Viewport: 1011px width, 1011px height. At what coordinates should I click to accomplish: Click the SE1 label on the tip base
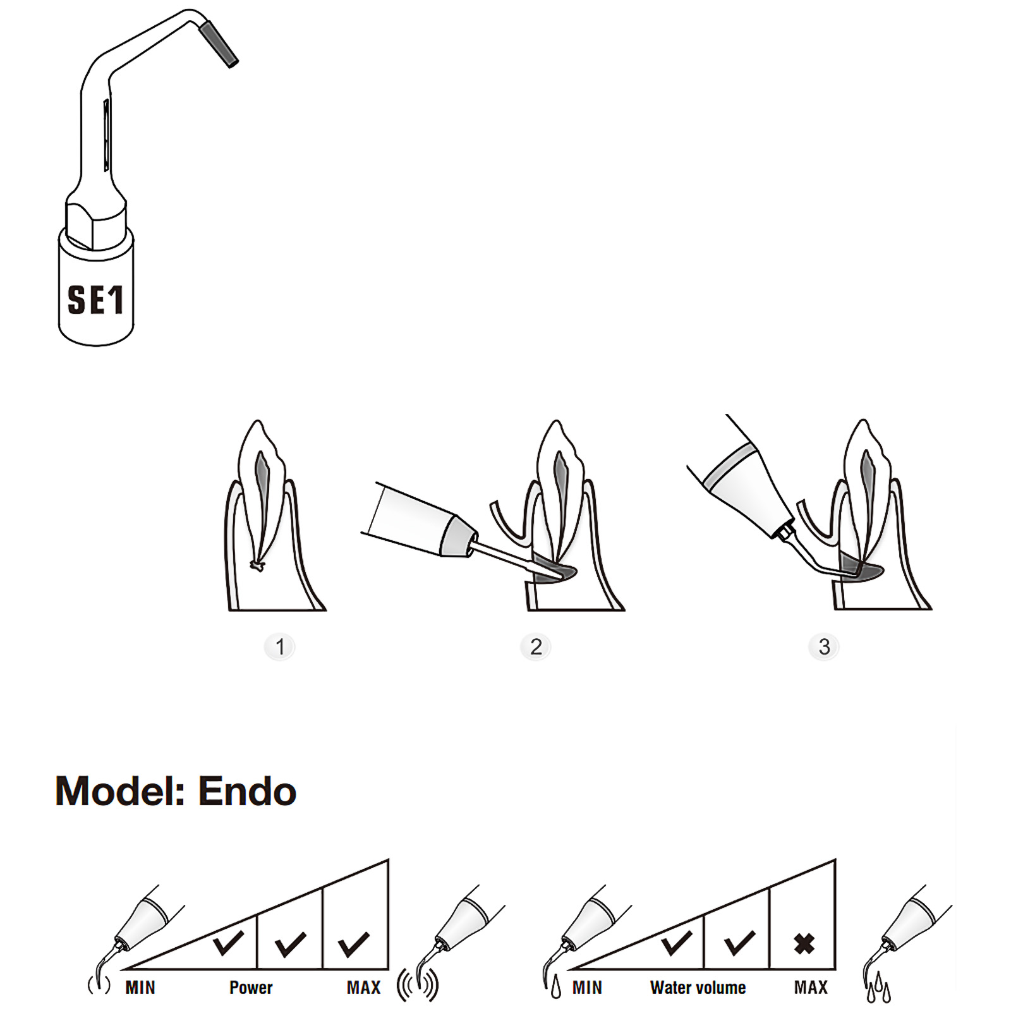95,300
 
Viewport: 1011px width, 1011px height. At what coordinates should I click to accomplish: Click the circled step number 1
280,646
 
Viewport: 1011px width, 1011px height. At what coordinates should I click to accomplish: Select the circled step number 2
536,646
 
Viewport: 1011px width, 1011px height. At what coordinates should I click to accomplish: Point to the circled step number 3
824,646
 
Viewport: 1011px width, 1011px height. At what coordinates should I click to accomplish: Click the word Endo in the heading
247,791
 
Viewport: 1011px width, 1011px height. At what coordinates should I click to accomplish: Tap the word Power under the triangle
251,988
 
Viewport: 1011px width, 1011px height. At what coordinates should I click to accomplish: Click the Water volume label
698,988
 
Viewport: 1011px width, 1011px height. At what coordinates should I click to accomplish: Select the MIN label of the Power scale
140,988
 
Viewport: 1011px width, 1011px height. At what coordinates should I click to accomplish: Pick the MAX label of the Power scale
363,988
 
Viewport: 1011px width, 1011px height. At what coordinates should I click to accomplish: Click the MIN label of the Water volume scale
587,988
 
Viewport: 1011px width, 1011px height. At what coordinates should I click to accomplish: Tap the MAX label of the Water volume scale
811,988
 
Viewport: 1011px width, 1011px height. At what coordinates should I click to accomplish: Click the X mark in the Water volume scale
804,944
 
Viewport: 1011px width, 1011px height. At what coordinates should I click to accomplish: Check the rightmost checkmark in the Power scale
354,943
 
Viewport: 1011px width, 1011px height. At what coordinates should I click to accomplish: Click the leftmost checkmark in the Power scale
228,942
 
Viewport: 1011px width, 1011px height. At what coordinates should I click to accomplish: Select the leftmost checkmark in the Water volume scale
675,942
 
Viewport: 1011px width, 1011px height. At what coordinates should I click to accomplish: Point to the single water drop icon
555,987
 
